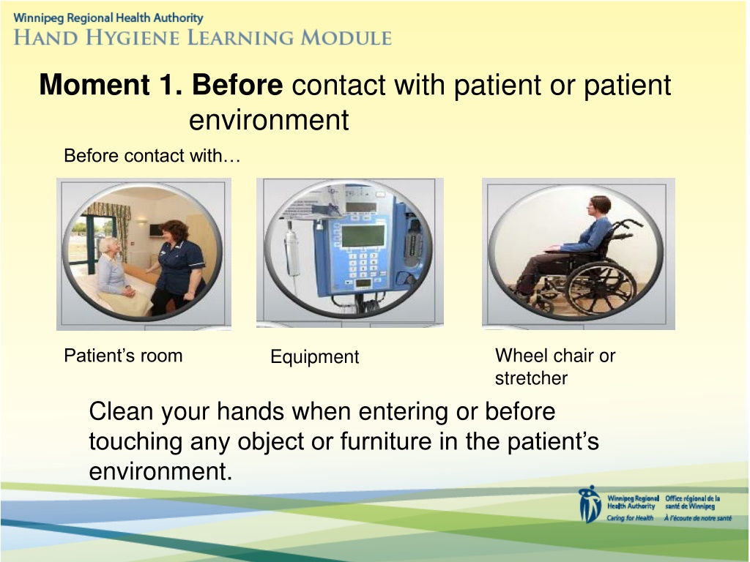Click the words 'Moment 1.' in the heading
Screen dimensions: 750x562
tap(111, 85)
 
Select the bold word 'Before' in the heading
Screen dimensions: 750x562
tap(237, 85)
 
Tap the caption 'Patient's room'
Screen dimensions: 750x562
tap(123, 356)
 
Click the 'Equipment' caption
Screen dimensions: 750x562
tap(315, 356)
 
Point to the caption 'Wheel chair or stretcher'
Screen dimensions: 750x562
tap(555, 367)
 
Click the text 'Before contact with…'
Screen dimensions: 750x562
tap(152, 156)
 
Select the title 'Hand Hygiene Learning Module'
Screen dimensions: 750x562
tap(203, 37)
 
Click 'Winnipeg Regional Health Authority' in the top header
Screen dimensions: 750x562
tap(108, 18)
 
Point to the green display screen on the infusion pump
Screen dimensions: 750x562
tap(363, 236)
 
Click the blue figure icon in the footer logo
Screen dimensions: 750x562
tap(590, 504)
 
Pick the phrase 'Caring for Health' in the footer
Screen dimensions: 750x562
tap(630, 518)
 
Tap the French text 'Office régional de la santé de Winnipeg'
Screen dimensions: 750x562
tap(693, 502)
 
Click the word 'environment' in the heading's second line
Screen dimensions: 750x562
tap(269, 119)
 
